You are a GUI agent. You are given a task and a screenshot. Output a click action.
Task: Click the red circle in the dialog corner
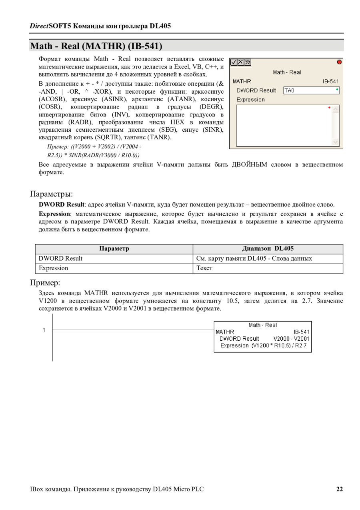[x=339, y=62]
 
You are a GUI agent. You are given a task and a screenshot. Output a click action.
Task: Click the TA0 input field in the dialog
[x=312, y=90]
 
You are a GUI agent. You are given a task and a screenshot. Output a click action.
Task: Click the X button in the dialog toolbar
[x=241, y=62]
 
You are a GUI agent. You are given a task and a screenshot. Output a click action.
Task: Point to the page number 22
[x=339, y=489]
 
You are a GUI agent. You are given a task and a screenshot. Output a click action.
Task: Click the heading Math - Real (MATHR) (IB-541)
[x=96, y=46]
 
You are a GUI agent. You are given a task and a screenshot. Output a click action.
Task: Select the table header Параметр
[x=114, y=249]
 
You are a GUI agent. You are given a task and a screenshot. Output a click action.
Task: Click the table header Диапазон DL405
[x=268, y=249]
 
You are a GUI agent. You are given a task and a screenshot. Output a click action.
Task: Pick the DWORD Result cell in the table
[x=60, y=259]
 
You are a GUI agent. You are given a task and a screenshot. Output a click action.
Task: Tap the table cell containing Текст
[x=204, y=268]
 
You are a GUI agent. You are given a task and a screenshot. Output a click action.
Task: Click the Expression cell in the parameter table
[x=54, y=268]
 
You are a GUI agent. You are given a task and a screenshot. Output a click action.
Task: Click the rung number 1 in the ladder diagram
[x=44, y=330]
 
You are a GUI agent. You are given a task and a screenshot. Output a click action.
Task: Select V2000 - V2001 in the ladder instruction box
[x=291, y=339]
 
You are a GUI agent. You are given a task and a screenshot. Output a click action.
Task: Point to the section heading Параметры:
[x=52, y=194]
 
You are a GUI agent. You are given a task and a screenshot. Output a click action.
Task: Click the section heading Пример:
[x=45, y=283]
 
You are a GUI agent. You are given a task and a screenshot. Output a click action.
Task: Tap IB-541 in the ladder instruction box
[x=301, y=332]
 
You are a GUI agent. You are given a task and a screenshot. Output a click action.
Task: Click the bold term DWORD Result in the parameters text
[x=62, y=205]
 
